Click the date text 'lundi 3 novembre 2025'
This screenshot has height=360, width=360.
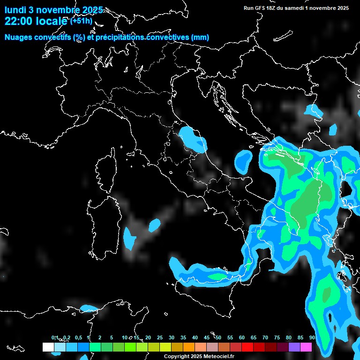(x=53, y=10)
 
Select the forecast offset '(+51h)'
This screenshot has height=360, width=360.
(x=81, y=21)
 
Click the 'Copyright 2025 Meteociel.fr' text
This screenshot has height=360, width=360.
(x=202, y=357)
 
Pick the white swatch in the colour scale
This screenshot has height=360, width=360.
(x=48, y=347)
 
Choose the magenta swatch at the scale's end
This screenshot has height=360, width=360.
(x=306, y=347)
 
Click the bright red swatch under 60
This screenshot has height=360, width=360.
(x=247, y=347)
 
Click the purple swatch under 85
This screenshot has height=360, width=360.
(x=294, y=347)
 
